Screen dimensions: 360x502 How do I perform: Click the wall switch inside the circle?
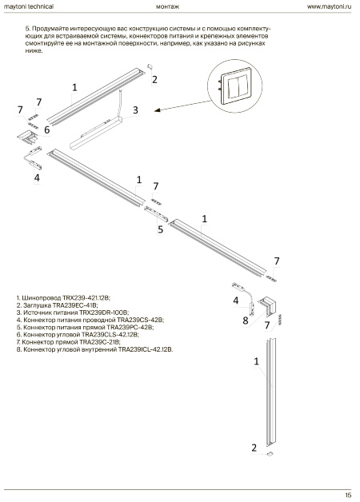tap(235, 86)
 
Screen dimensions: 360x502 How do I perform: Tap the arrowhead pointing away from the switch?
tap(157, 111)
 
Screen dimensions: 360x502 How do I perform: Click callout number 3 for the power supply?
tap(135, 110)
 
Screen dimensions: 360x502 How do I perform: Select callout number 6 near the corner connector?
tap(47, 130)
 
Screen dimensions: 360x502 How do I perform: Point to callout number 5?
tap(161, 229)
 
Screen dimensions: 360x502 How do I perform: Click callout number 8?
tap(246, 321)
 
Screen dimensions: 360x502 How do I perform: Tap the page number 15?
tap(349, 496)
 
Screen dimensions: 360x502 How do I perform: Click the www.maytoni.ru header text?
tap(330, 6)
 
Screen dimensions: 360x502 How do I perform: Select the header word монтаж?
tap(167, 6)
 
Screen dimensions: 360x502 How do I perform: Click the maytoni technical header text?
tap(29, 6)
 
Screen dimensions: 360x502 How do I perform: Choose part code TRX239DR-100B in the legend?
tap(104, 313)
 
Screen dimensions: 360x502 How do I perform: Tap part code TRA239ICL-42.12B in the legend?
tap(146, 349)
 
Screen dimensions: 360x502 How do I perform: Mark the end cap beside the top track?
tap(150, 66)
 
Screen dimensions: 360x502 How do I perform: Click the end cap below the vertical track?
tap(270, 453)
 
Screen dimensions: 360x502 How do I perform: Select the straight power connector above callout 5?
tap(156, 214)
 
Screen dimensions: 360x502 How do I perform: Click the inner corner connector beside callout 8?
tap(268, 305)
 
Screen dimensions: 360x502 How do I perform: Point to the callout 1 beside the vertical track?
tap(256, 361)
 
